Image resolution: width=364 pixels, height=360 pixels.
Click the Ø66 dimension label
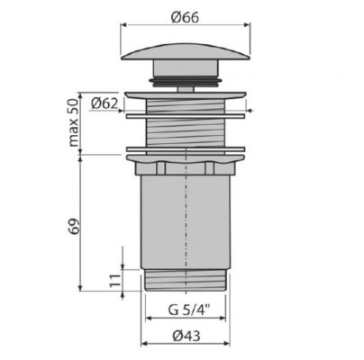tap(185, 17)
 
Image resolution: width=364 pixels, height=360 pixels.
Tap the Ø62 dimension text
tap(105, 103)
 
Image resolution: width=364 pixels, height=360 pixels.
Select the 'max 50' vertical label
tap(74, 122)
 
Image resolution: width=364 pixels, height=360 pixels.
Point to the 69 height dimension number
tap(74, 227)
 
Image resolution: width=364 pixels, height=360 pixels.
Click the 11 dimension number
tap(114, 281)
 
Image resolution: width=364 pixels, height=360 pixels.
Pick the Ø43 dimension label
tap(187, 336)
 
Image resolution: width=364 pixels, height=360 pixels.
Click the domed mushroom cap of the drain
tap(186, 52)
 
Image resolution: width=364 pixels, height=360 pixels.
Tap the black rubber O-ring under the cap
tap(186, 81)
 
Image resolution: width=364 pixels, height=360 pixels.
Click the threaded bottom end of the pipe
tap(186, 280)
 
